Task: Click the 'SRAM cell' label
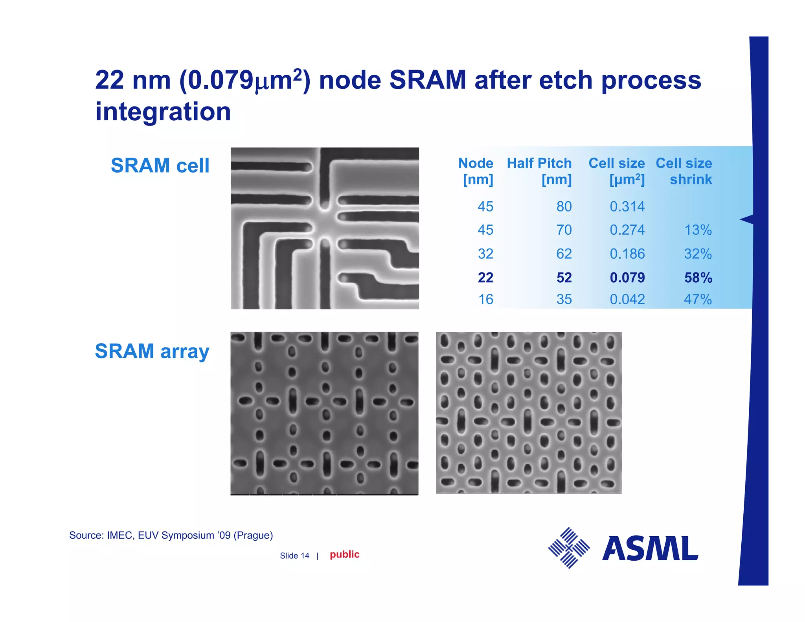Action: (x=160, y=166)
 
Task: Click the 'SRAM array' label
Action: (x=152, y=351)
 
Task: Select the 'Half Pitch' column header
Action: (x=539, y=171)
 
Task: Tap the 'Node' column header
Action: (x=476, y=171)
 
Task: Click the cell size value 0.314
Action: (x=627, y=206)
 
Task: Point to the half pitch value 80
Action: (x=564, y=206)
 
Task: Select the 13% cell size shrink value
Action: (x=698, y=230)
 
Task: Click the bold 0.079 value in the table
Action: (x=627, y=278)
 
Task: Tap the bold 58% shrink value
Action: (x=698, y=278)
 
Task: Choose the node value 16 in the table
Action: (x=485, y=300)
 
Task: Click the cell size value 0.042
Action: (x=627, y=300)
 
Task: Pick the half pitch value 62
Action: (x=564, y=254)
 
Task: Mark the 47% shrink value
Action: (x=698, y=300)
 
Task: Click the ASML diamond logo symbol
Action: (x=569, y=548)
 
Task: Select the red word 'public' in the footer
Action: (x=344, y=554)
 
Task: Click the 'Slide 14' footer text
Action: (x=294, y=556)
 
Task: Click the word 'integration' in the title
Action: (x=163, y=112)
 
